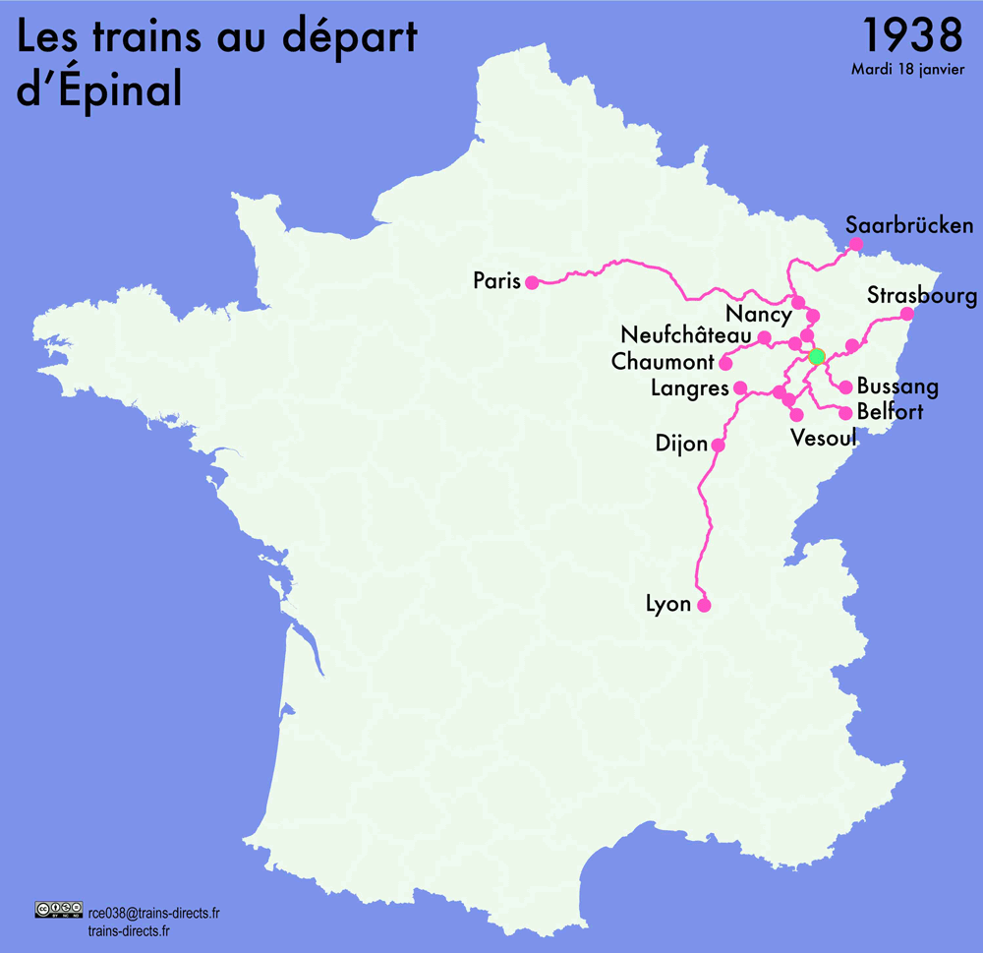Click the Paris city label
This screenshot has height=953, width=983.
point(495,281)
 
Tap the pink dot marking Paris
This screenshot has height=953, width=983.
point(532,282)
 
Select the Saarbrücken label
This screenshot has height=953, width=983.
point(909,226)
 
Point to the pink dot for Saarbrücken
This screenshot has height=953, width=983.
point(856,244)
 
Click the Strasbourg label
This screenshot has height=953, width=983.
point(922,296)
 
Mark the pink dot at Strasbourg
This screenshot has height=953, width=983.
point(907,315)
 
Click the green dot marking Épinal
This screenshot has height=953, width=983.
point(816,355)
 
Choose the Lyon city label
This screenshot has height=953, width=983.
point(668,604)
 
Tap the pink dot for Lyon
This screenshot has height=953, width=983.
point(704,606)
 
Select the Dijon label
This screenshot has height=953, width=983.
point(681,445)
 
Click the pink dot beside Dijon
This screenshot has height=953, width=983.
point(718,446)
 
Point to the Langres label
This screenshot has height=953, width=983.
point(690,389)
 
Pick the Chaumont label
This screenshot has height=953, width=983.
point(664,362)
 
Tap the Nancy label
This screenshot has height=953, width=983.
point(758,316)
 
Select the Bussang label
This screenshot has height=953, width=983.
point(897,387)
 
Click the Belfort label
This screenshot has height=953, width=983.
point(891,412)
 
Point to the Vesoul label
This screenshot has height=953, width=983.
point(824,438)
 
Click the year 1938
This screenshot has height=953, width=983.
point(911,35)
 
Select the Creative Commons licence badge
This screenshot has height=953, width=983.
point(57,910)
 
